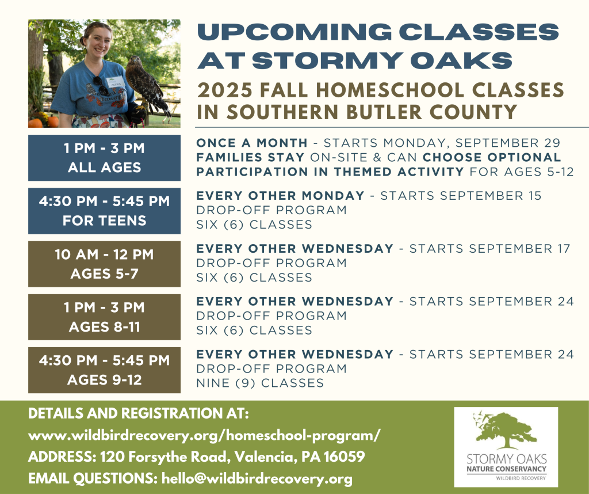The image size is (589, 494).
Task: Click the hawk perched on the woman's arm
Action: tap(144, 88)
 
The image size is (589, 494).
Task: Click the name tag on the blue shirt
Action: tap(115, 82)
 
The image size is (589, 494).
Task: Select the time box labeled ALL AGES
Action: tap(105, 158)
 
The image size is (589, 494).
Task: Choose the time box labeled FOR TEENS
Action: tap(105, 211)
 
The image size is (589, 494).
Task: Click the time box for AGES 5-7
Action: tap(105, 264)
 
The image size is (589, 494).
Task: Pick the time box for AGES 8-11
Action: tap(105, 317)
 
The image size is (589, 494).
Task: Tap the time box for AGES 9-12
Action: tap(105, 370)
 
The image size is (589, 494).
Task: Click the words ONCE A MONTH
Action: tap(252, 143)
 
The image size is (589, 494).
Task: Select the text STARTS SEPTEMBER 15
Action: tap(461, 196)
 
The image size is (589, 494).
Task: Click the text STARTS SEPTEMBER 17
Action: tap(490, 249)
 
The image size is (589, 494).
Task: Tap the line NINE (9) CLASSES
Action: tap(260, 383)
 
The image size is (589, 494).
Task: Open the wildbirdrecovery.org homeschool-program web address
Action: tap(204, 435)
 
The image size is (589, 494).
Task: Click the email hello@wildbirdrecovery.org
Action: tap(257, 478)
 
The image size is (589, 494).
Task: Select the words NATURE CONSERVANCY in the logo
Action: tap(506, 469)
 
